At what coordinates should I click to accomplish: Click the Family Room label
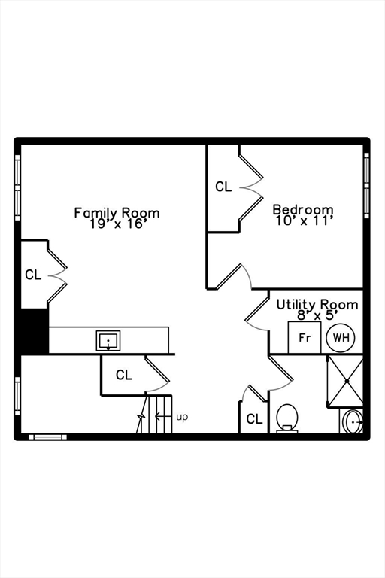[117, 213]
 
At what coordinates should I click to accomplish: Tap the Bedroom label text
[303, 209]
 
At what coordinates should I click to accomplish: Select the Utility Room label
[317, 305]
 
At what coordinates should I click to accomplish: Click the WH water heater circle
[341, 338]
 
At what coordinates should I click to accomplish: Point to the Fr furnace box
[305, 337]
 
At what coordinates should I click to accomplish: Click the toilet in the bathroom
[287, 418]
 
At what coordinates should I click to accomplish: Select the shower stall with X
[346, 381]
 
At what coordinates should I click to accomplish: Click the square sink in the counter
[108, 340]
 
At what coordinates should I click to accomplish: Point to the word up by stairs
[182, 417]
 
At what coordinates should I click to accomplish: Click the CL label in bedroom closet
[223, 187]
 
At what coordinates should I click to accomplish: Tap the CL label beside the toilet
[254, 419]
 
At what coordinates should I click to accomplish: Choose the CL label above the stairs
[124, 375]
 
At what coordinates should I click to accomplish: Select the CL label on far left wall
[33, 275]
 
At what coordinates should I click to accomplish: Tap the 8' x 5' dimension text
[317, 315]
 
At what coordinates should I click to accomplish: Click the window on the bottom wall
[48, 437]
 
